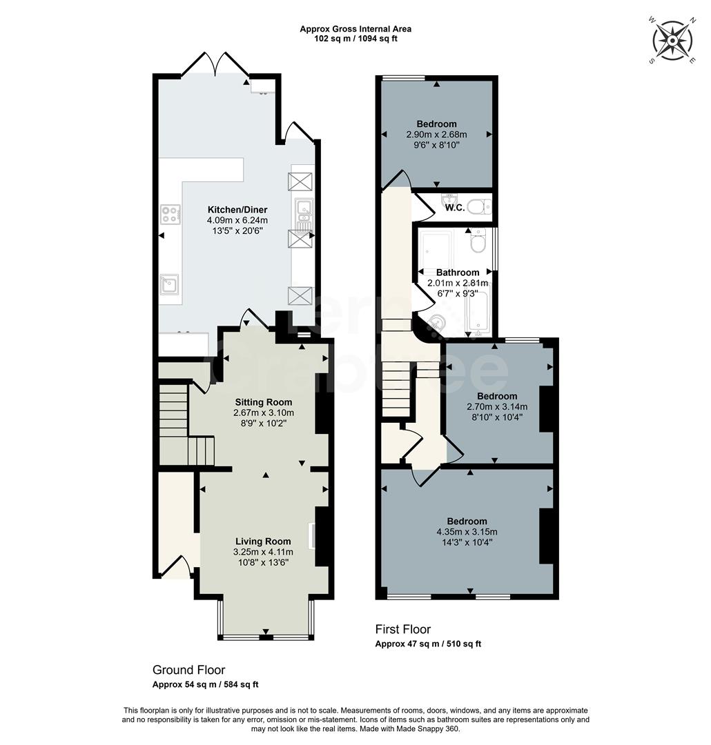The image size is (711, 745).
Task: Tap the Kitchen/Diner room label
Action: (237, 210)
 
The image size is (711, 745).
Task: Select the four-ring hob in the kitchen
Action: (171, 215)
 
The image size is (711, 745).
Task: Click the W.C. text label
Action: (455, 208)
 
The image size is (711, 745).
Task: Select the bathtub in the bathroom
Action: (480, 314)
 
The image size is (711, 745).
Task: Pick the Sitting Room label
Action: (264, 402)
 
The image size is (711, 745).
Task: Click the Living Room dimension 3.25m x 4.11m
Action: (263, 552)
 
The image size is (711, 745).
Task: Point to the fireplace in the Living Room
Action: (314, 536)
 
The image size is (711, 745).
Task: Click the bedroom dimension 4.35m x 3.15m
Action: (467, 532)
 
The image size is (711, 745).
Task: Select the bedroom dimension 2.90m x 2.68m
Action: (436, 135)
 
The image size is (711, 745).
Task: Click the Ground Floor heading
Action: (188, 670)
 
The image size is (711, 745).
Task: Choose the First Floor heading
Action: (402, 629)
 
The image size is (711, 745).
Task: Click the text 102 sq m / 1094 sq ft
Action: (355, 39)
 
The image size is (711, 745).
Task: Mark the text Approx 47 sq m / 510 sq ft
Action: (428, 644)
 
